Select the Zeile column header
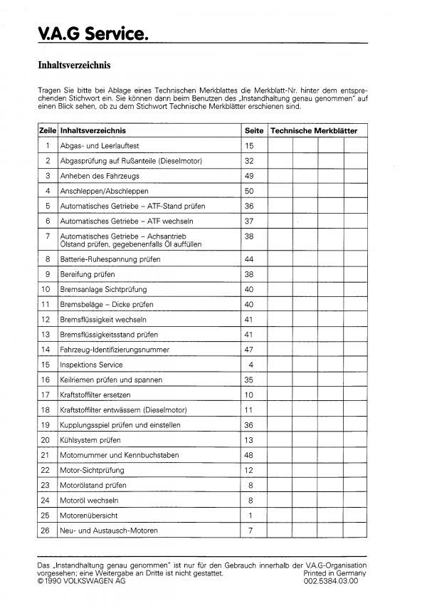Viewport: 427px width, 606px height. coord(47,132)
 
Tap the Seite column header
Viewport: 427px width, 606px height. coord(254,132)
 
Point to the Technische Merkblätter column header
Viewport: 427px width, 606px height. coord(315,132)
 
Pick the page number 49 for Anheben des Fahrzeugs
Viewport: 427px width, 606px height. coord(249,176)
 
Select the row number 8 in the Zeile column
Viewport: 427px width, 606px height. coord(47,258)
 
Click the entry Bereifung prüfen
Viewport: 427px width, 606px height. coord(88,274)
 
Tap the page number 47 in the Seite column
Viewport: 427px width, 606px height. coord(249,350)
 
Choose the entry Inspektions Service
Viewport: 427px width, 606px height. coord(92,365)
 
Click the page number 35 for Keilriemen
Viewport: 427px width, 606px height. coord(249,380)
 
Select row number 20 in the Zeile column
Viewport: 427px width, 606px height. coord(46,439)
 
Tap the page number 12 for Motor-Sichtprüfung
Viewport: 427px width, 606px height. coord(249,470)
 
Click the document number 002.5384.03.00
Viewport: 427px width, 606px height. coord(334,580)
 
